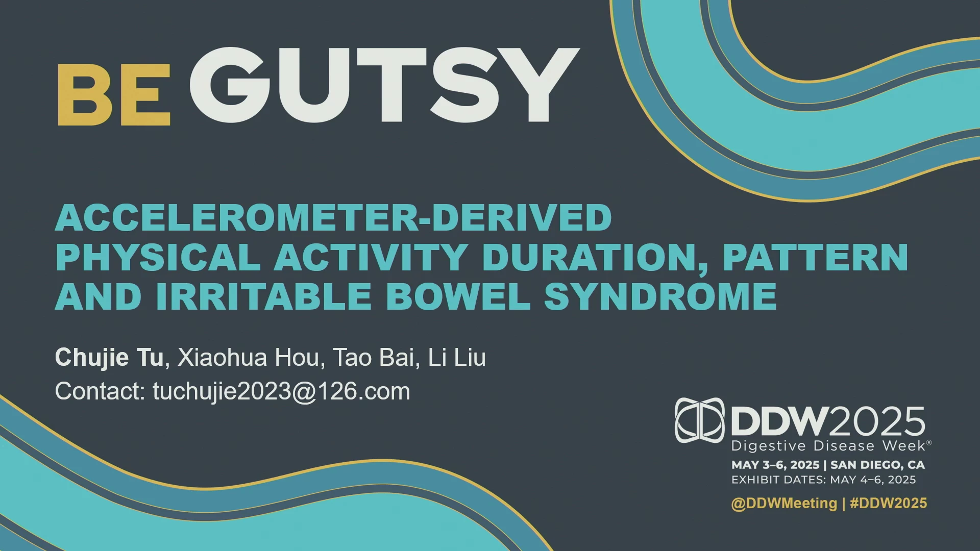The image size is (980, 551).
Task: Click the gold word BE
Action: click(113, 94)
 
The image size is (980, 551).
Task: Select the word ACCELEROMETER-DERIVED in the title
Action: click(334, 218)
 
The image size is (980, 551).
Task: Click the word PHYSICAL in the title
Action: click(158, 257)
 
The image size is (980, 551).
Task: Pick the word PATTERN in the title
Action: click(816, 257)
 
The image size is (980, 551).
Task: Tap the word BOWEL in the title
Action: click(458, 296)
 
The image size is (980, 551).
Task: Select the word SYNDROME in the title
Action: click(660, 296)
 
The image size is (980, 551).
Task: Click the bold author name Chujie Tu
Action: click(109, 358)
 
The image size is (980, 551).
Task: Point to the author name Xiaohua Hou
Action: click(248, 358)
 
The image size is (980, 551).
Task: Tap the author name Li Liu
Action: click(457, 358)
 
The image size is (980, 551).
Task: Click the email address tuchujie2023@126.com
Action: click(281, 392)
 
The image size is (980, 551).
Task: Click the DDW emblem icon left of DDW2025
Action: click(700, 420)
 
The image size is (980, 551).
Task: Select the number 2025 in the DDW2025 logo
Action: click(877, 422)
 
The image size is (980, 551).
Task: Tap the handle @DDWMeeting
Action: click(785, 504)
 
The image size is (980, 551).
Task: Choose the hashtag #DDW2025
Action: click(889, 504)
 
